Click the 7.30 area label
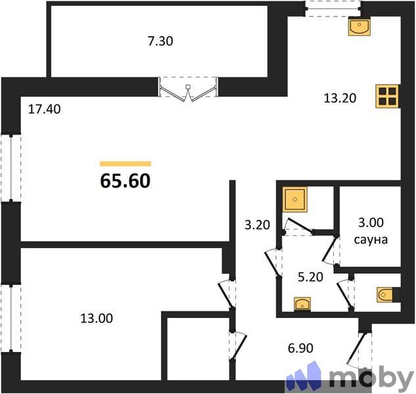160,41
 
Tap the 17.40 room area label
44,110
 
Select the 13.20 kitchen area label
340,98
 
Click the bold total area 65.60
126,179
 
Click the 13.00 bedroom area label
96,319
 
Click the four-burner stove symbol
387,97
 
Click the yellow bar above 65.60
126,164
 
